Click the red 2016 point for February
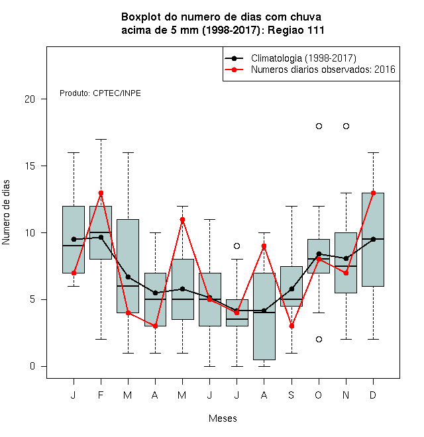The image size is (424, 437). (x=101, y=193)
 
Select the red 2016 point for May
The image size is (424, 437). (x=182, y=220)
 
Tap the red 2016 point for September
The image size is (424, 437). (x=291, y=326)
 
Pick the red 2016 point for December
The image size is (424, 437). (x=373, y=193)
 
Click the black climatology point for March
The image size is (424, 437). (x=128, y=277)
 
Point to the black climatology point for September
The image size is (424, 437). (x=291, y=289)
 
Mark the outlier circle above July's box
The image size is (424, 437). (x=237, y=246)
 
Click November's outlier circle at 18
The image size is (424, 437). (x=346, y=126)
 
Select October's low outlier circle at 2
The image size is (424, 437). (x=319, y=339)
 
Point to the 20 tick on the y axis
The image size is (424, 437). (x=44, y=99)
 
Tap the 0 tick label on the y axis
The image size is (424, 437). (x=32, y=366)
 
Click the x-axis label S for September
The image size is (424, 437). (x=291, y=395)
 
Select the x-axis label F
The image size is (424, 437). (x=101, y=395)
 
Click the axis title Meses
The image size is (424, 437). (x=223, y=418)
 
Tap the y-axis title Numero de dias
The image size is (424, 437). (x=6, y=213)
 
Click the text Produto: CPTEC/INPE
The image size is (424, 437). (x=100, y=93)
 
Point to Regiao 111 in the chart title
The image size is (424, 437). (x=296, y=30)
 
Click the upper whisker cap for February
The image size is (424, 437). (x=101, y=139)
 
